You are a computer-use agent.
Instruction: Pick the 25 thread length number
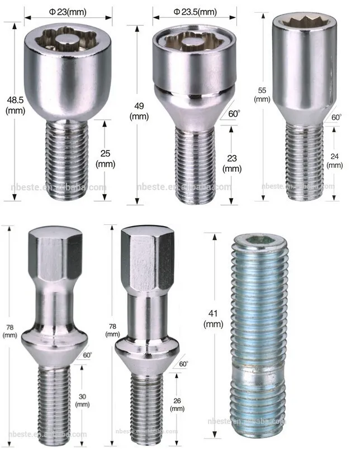tap(105, 153)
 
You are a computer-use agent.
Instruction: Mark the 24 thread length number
tap(334, 157)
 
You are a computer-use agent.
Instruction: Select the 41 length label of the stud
tap(213, 312)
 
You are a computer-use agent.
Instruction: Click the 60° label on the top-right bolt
tap(337, 118)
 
